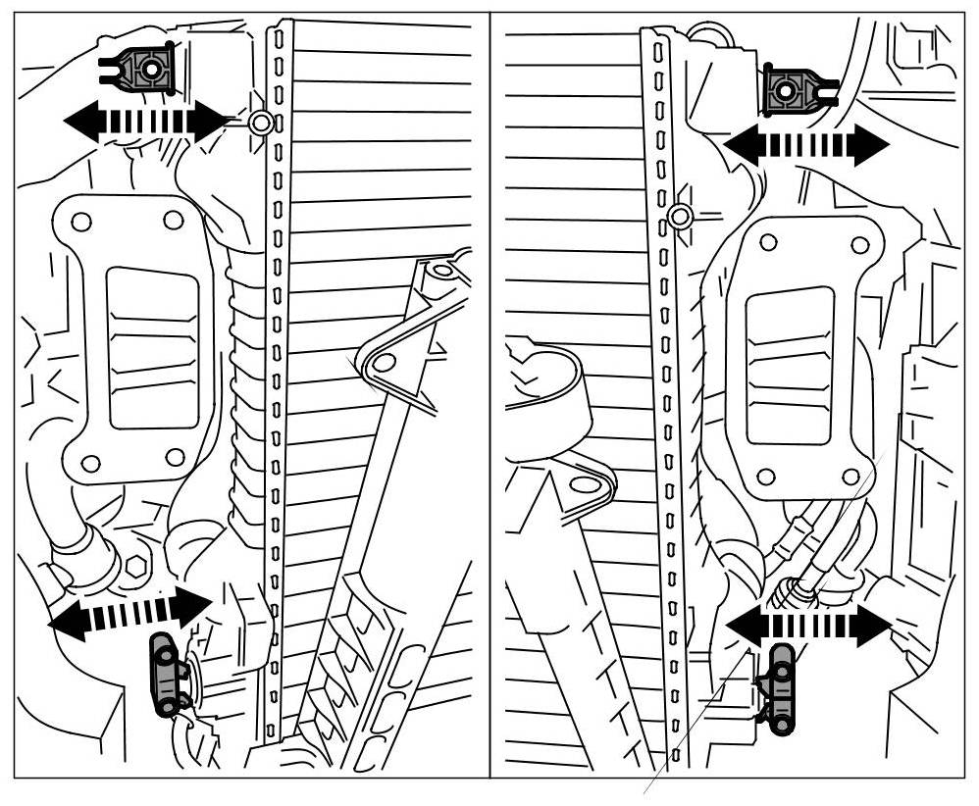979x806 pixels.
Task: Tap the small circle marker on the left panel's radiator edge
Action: click(x=261, y=124)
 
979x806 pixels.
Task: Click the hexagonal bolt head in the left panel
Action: click(x=135, y=566)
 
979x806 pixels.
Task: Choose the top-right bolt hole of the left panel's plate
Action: click(x=173, y=220)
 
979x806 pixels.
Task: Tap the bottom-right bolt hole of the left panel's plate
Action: click(x=175, y=457)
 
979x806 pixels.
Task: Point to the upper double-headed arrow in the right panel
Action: click(x=806, y=146)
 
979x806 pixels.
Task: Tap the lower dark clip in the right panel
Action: click(x=780, y=689)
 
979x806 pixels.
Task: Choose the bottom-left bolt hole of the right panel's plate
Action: click(x=766, y=477)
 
